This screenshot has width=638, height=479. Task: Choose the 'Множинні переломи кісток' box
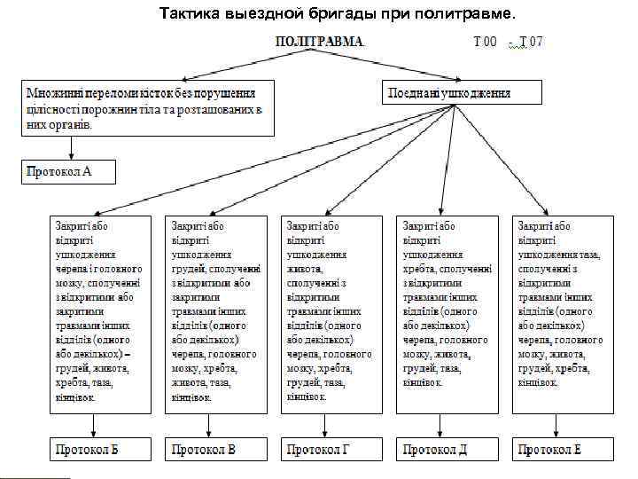pos(148,107)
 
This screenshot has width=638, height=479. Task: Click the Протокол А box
pos(68,170)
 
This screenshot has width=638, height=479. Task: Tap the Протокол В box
pos(215,449)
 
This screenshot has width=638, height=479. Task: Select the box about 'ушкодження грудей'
pos(215,312)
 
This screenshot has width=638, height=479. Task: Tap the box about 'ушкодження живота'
pos(330,312)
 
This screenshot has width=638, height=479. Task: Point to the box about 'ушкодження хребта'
pos(447,312)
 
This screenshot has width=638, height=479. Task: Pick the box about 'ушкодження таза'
pos(562,312)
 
